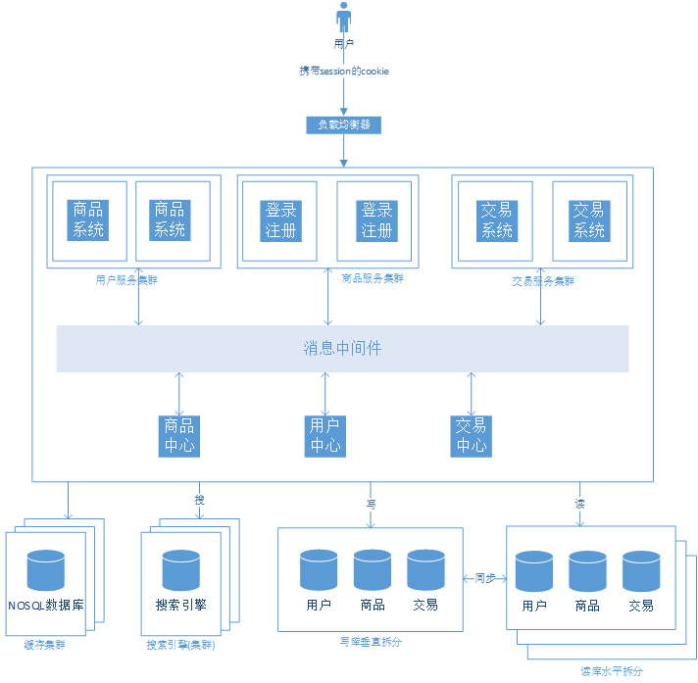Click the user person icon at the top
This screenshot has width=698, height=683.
pos(343,18)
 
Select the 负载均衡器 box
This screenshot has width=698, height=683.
pos(343,124)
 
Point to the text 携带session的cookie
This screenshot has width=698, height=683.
pos(344,72)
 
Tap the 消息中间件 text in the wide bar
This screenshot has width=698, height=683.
pos(342,348)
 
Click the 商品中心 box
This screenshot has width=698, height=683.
pos(179,435)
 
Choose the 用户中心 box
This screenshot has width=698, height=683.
pos(325,435)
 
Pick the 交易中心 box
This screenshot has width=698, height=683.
pos(471,435)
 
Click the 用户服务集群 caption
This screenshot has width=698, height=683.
pos(126,279)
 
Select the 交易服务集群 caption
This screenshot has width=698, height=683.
pos(543,280)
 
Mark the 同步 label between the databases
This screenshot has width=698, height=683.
pos(484,578)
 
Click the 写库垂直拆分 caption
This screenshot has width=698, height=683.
pos(371,642)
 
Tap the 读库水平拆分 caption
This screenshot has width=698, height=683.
pos(612,671)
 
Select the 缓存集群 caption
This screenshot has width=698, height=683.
pos(46,646)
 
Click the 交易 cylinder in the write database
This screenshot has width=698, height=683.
pos(425,570)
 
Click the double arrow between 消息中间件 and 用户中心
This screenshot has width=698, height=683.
pos(325,393)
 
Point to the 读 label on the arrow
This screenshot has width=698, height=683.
pos(579,503)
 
